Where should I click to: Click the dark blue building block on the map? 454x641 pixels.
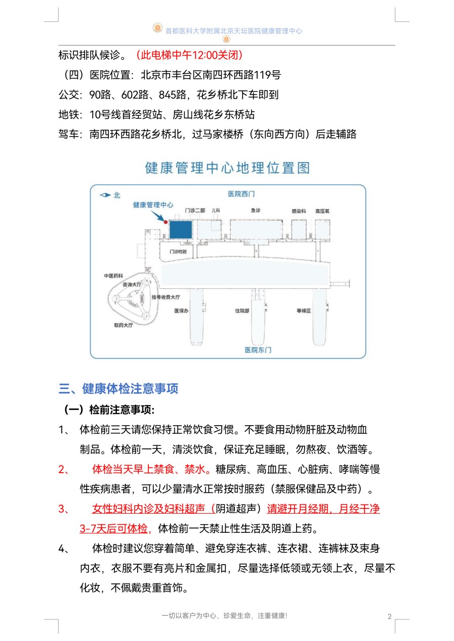181,230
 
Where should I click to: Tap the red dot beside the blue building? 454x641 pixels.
166,221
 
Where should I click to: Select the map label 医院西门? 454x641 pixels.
241,194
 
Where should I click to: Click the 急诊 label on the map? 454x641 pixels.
256,210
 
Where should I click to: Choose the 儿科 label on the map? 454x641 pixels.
216,210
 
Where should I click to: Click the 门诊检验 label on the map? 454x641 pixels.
178,251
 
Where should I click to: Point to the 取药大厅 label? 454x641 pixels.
123,326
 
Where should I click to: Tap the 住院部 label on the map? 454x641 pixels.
242,311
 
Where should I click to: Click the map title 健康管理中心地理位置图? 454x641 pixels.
227,168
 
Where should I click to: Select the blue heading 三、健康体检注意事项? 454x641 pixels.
118,389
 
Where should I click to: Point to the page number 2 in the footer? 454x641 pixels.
389,616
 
